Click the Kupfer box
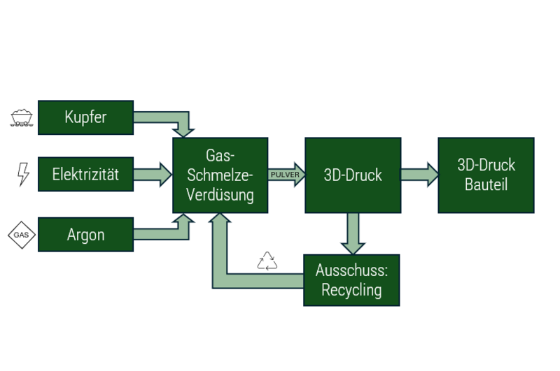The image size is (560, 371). coord(85,117)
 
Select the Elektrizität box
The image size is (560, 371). coord(85,174)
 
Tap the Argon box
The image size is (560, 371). coord(85,234)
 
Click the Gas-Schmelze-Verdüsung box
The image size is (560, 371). coord(220,175)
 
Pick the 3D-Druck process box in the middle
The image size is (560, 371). coord(353,175)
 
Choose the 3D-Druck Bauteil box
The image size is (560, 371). coord(486,175)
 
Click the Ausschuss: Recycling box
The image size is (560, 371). coord(351,280)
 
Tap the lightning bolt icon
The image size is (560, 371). coord(23,174)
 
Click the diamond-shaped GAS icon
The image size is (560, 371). coord(22,235)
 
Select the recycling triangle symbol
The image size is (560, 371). coord(267,261)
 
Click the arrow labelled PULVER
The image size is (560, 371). coord(286,175)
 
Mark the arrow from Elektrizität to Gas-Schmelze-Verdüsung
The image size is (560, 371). coord(152,174)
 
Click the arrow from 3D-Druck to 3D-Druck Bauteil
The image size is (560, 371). coord(419,175)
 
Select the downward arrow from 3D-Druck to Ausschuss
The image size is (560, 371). coord(353,233)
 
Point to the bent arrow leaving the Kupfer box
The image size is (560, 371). coord(168,117)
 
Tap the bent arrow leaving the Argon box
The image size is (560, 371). coord(168,233)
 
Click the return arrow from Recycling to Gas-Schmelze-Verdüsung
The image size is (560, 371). coord(231,279)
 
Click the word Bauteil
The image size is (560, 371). coord(486,185)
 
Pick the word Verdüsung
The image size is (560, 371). coord(220,195)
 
